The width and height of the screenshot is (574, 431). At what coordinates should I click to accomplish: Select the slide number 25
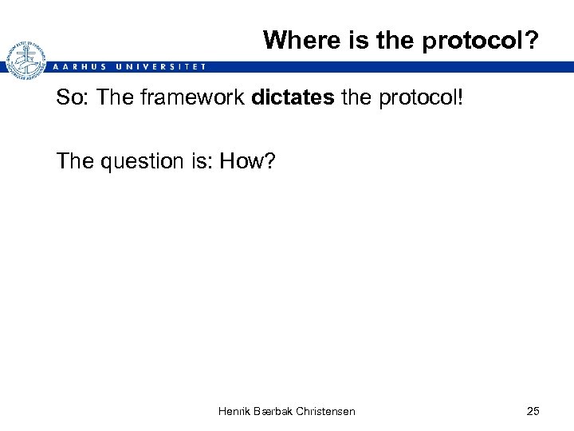[533, 411]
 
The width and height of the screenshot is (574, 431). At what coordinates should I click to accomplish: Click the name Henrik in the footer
[234, 411]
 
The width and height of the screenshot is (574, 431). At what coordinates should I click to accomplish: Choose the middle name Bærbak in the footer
[273, 411]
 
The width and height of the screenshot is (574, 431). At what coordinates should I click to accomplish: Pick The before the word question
[73, 161]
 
